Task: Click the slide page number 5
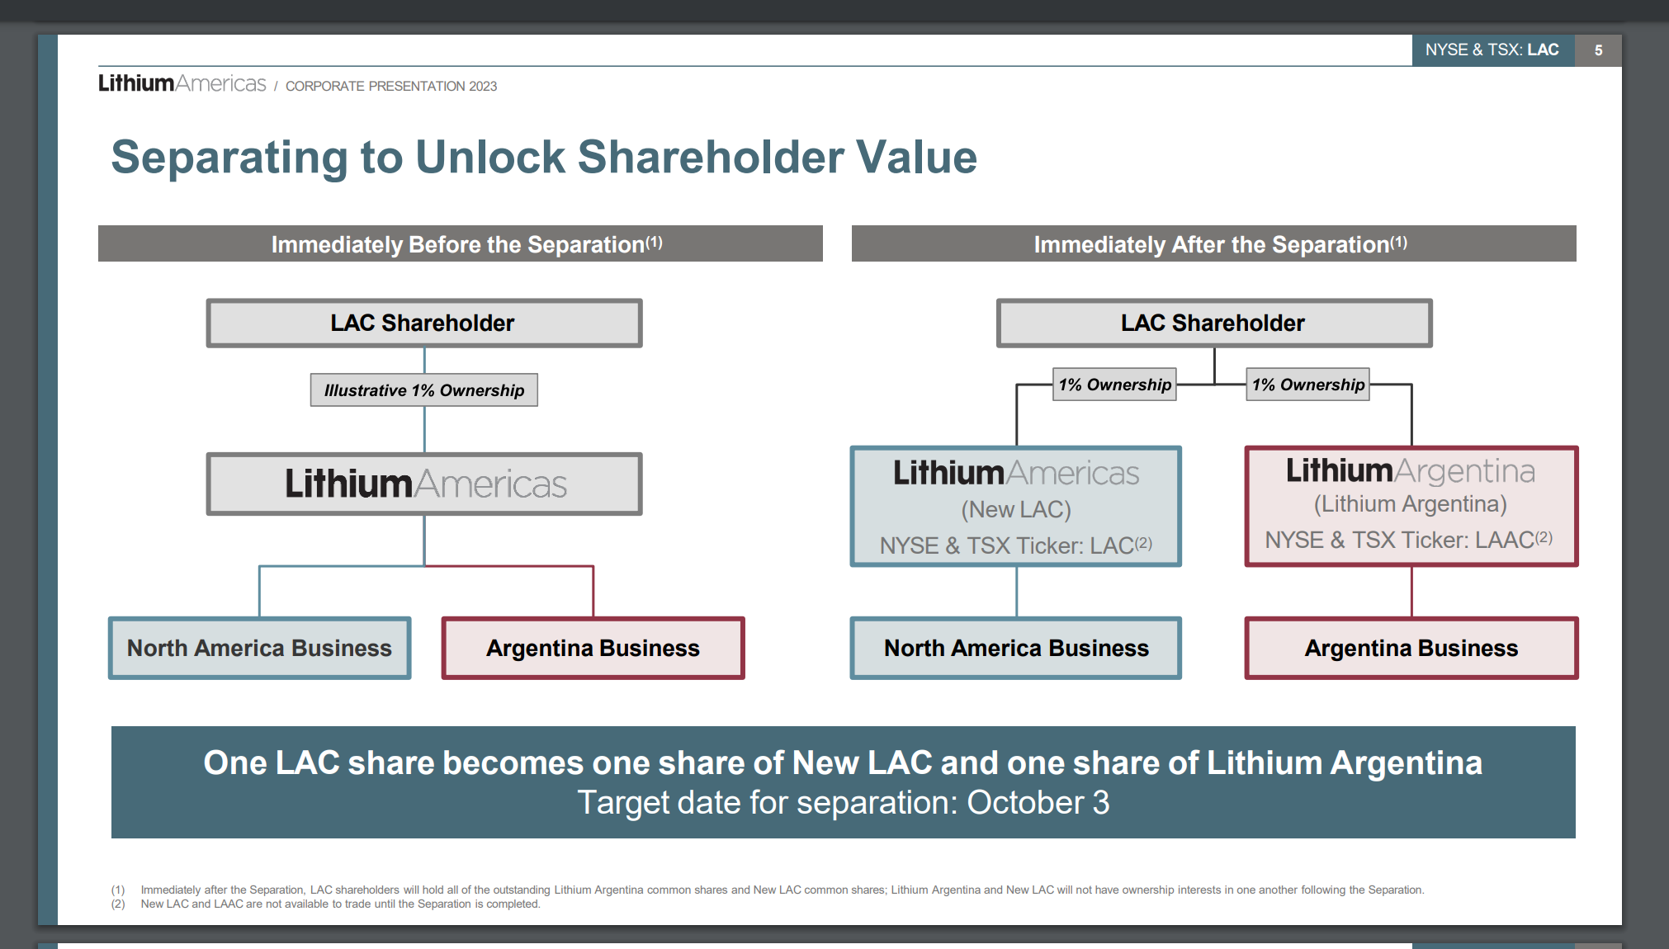point(1598,50)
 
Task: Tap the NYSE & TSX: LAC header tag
point(1492,50)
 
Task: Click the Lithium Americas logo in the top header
point(182,83)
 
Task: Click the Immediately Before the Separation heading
point(461,243)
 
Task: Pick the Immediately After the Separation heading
point(1214,243)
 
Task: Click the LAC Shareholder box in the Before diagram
point(424,323)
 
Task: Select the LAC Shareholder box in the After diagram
point(1214,323)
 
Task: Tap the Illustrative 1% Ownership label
point(424,390)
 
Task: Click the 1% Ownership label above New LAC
point(1114,385)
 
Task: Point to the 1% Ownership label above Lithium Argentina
point(1308,385)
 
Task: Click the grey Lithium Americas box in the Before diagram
point(424,484)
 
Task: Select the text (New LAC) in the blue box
point(1016,510)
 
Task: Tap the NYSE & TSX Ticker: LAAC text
point(1409,540)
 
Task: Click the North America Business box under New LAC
point(1016,648)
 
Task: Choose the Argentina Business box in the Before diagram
point(593,648)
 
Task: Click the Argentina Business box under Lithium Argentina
point(1411,648)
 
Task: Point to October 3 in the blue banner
point(1038,803)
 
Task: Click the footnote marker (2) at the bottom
point(118,904)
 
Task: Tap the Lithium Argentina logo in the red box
point(1411,470)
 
